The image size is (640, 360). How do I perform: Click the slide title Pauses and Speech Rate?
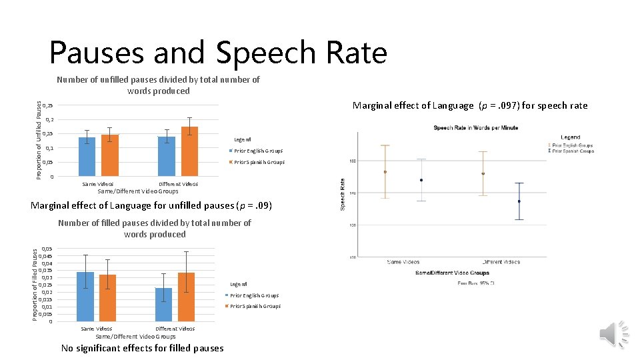pyautogui.click(x=218, y=53)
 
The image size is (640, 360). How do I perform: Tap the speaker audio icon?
pyautogui.click(x=613, y=334)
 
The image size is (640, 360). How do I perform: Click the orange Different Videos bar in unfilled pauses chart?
pyautogui.click(x=189, y=151)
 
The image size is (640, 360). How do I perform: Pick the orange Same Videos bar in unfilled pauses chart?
pyautogui.click(x=110, y=155)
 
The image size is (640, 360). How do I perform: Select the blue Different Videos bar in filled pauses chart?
pyautogui.click(x=164, y=305)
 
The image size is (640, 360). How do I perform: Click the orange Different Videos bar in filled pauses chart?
pyautogui.click(x=187, y=297)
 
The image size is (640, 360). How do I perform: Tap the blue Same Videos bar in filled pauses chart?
pyautogui.click(x=85, y=297)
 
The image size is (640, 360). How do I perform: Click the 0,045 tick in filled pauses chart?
pyautogui.click(x=46, y=256)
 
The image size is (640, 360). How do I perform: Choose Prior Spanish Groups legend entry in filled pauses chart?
pyautogui.click(x=255, y=307)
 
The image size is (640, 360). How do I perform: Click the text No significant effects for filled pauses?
pyautogui.click(x=143, y=348)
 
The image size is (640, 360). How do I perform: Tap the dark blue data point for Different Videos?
pyautogui.click(x=519, y=201)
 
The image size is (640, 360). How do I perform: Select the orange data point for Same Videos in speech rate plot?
pyautogui.click(x=385, y=172)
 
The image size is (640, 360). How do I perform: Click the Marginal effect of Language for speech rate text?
pyautogui.click(x=470, y=105)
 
